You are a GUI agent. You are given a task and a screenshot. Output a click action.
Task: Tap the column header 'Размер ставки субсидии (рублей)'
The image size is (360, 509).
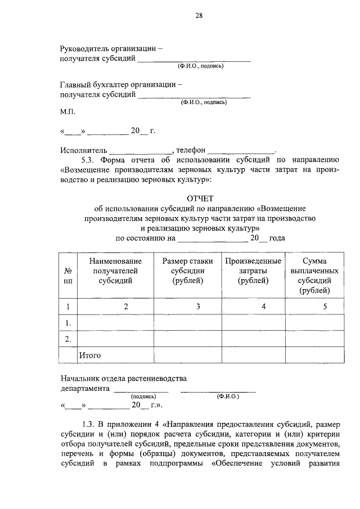point(187,271)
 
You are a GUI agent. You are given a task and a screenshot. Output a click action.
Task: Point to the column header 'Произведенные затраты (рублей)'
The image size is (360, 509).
point(253,271)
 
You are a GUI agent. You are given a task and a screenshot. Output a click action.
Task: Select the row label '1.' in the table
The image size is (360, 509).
point(67,323)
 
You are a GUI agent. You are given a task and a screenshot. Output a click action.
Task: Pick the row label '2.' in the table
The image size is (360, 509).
point(67,339)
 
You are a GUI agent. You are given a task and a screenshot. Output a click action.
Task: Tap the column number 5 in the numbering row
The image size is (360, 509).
point(324,307)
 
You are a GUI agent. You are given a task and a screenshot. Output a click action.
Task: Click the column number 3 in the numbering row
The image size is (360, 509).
point(197,307)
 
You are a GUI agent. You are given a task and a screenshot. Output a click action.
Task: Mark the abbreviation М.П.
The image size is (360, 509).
point(67,112)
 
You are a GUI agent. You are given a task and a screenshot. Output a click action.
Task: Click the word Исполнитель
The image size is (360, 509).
point(83,151)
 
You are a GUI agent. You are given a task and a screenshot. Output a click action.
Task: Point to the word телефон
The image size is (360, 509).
point(191,151)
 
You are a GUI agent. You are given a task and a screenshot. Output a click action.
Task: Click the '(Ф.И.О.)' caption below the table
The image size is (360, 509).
point(228,397)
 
